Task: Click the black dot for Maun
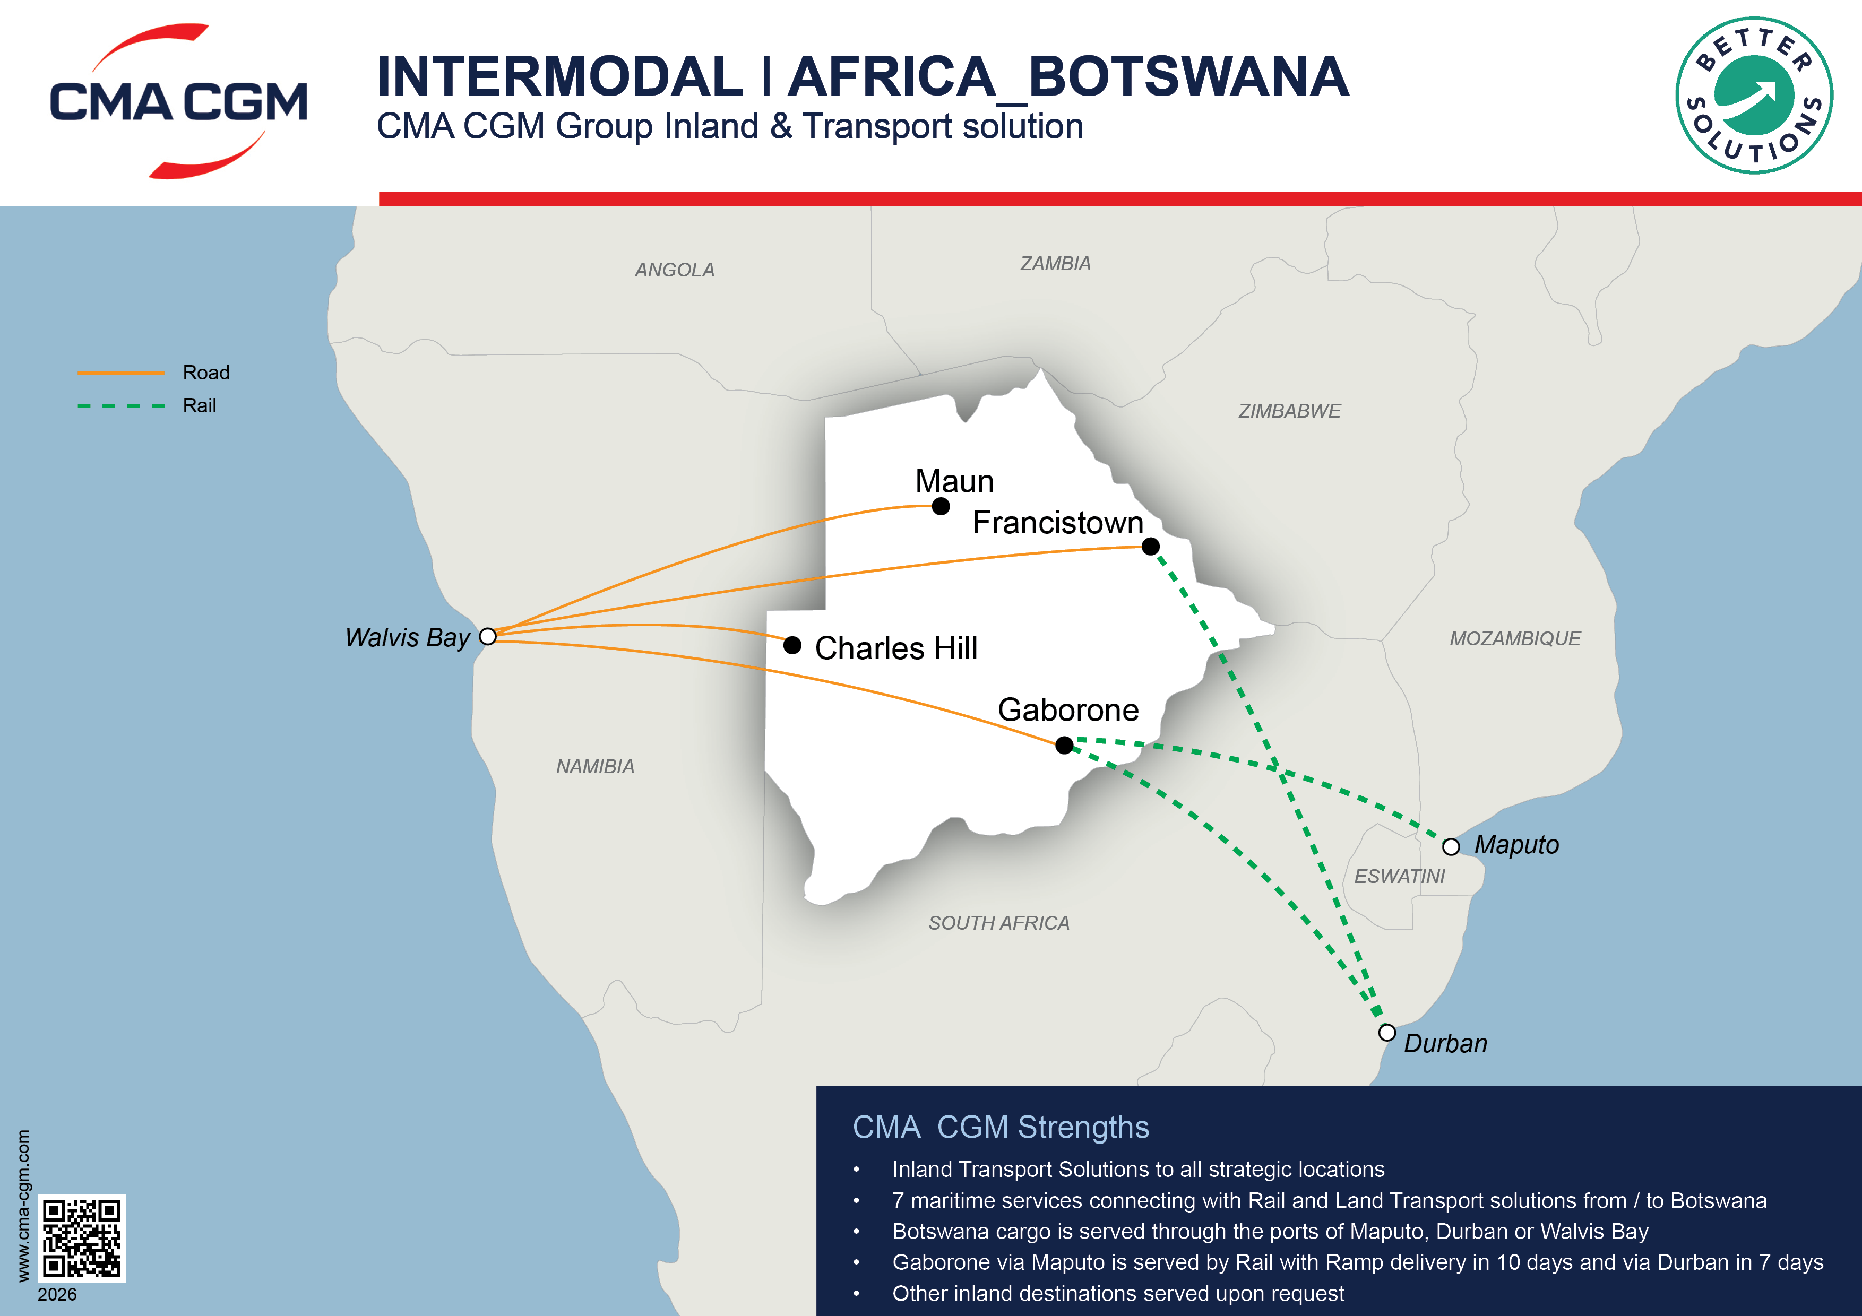tap(941, 507)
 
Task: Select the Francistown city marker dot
tap(1150, 547)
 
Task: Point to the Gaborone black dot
tap(1065, 744)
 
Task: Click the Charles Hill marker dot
tap(792, 645)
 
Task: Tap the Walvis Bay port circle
tap(487, 637)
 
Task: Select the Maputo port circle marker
tap(1451, 846)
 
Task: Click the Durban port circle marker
tap(1387, 1032)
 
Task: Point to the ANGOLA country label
tap(674, 270)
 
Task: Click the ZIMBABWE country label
tap(1289, 411)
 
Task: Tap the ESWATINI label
tap(1399, 877)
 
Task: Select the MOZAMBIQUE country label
tap(1515, 639)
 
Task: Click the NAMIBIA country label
tap(594, 766)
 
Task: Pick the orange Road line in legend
tap(121, 373)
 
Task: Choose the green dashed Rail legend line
tap(121, 405)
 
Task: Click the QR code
tap(82, 1237)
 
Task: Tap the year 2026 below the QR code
tap(57, 1295)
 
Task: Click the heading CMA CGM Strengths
tap(1000, 1127)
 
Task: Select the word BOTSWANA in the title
tap(1188, 77)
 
